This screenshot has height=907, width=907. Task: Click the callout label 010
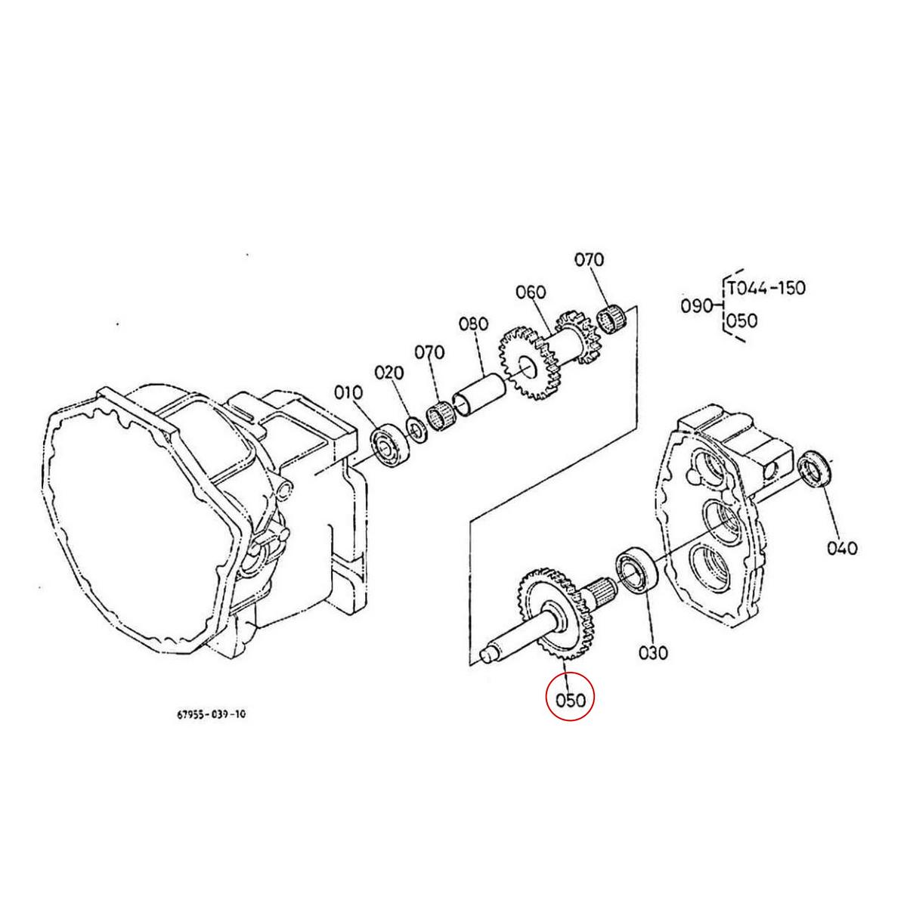348,392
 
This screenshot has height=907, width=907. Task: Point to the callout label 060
531,292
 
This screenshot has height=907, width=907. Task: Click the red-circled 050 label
571,700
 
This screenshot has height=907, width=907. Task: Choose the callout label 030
653,652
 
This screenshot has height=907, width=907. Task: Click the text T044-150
766,288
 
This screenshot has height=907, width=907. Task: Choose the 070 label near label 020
429,352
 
